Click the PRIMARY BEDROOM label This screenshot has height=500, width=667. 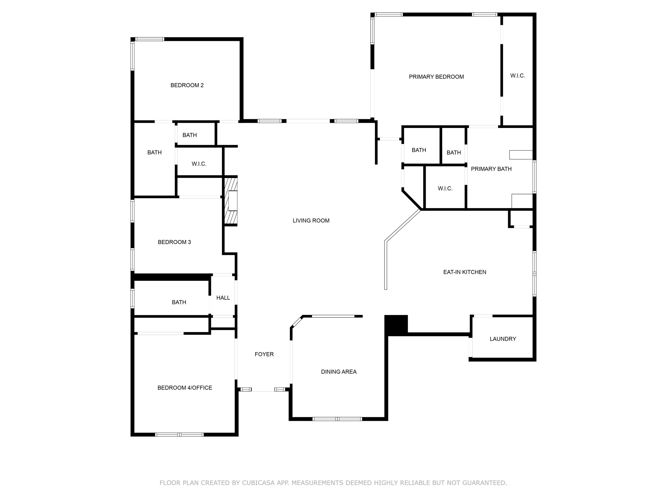pos(436,77)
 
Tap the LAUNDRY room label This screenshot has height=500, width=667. pos(503,339)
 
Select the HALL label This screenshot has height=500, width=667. pos(223,298)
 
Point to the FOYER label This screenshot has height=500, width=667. pos(264,354)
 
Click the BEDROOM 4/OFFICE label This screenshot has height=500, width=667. pos(185,388)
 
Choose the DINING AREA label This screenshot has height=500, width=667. pos(339,372)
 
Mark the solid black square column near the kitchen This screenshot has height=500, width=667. pos(396,325)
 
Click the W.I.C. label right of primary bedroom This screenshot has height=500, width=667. pos(517,76)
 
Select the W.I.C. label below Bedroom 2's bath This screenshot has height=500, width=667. pos(199,164)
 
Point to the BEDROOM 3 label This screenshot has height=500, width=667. pos(174,242)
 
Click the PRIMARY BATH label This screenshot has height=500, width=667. pos(491,169)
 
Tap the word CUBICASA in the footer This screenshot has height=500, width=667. pos(258,483)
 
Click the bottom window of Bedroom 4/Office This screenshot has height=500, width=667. pos(179,435)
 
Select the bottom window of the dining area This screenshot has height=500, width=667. pos(337,419)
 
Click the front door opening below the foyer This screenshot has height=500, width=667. pos(263,390)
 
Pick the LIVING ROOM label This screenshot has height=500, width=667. pos(311,221)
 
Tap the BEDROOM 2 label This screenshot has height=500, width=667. pos(187,85)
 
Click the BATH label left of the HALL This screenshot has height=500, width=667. pos(179,302)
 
